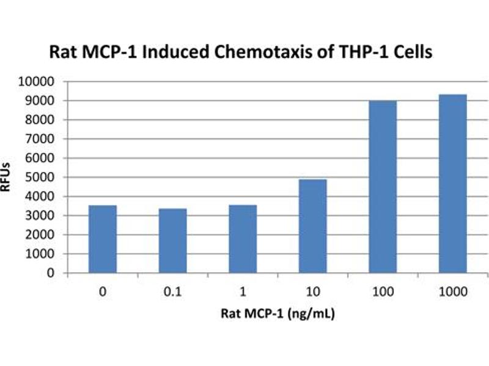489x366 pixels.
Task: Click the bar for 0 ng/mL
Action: (x=103, y=239)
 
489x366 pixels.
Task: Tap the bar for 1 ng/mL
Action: (x=243, y=239)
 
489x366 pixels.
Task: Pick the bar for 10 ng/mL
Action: (x=312, y=226)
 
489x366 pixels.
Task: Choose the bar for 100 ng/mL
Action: (x=383, y=187)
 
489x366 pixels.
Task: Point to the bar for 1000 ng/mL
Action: (x=452, y=184)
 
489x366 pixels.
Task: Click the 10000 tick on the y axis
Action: (x=39, y=81)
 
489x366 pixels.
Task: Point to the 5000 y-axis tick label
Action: (x=42, y=178)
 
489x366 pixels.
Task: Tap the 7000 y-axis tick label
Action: (x=42, y=139)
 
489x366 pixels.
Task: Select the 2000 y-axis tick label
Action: (x=42, y=235)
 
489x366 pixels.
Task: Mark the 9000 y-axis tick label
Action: (x=42, y=101)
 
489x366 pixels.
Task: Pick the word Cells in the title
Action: (x=413, y=52)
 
